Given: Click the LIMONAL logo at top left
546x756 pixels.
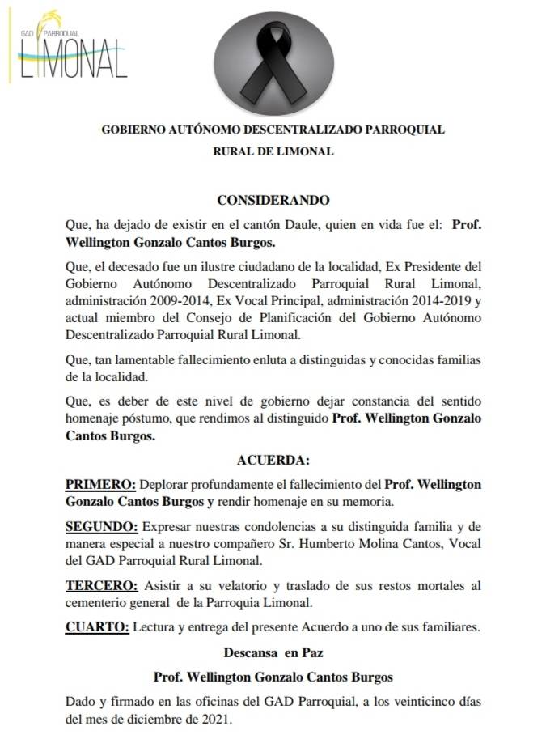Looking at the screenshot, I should click(72, 49).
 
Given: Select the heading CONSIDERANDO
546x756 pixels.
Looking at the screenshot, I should click(273, 199).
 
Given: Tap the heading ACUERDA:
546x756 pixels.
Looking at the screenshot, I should click(273, 461).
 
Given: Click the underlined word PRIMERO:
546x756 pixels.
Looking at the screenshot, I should click(100, 484).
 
